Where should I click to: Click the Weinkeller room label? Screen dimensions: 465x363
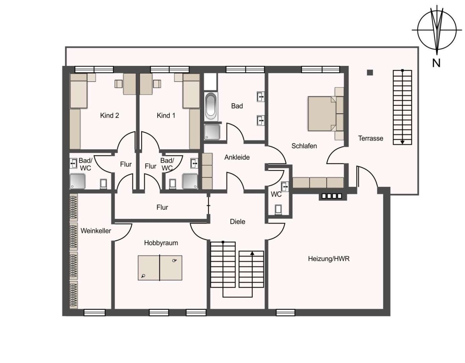(96, 231)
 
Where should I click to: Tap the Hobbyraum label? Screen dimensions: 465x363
(161, 243)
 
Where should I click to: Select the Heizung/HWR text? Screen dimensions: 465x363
(329, 259)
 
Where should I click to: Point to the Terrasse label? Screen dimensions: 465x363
(371, 138)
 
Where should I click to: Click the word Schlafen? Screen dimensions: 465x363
(304, 146)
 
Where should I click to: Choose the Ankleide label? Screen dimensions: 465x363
(237, 157)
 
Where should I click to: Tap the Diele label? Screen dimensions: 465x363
(238, 221)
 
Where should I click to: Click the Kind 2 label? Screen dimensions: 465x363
(109, 116)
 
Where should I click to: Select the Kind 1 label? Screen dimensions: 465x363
(166, 116)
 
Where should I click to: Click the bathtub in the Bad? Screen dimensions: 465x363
(211, 106)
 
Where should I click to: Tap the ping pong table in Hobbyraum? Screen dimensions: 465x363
(160, 268)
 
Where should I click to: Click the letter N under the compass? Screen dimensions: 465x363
(436, 63)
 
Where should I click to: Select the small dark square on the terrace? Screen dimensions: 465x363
(370, 73)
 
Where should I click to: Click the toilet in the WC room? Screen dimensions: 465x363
(278, 209)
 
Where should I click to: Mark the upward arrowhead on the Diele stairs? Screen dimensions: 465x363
(252, 253)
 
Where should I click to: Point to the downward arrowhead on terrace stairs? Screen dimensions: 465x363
(403, 142)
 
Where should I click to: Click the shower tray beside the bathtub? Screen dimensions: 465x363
(212, 132)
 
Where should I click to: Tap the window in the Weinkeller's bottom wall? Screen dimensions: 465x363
(94, 313)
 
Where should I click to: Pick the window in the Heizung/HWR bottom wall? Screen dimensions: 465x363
(286, 313)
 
